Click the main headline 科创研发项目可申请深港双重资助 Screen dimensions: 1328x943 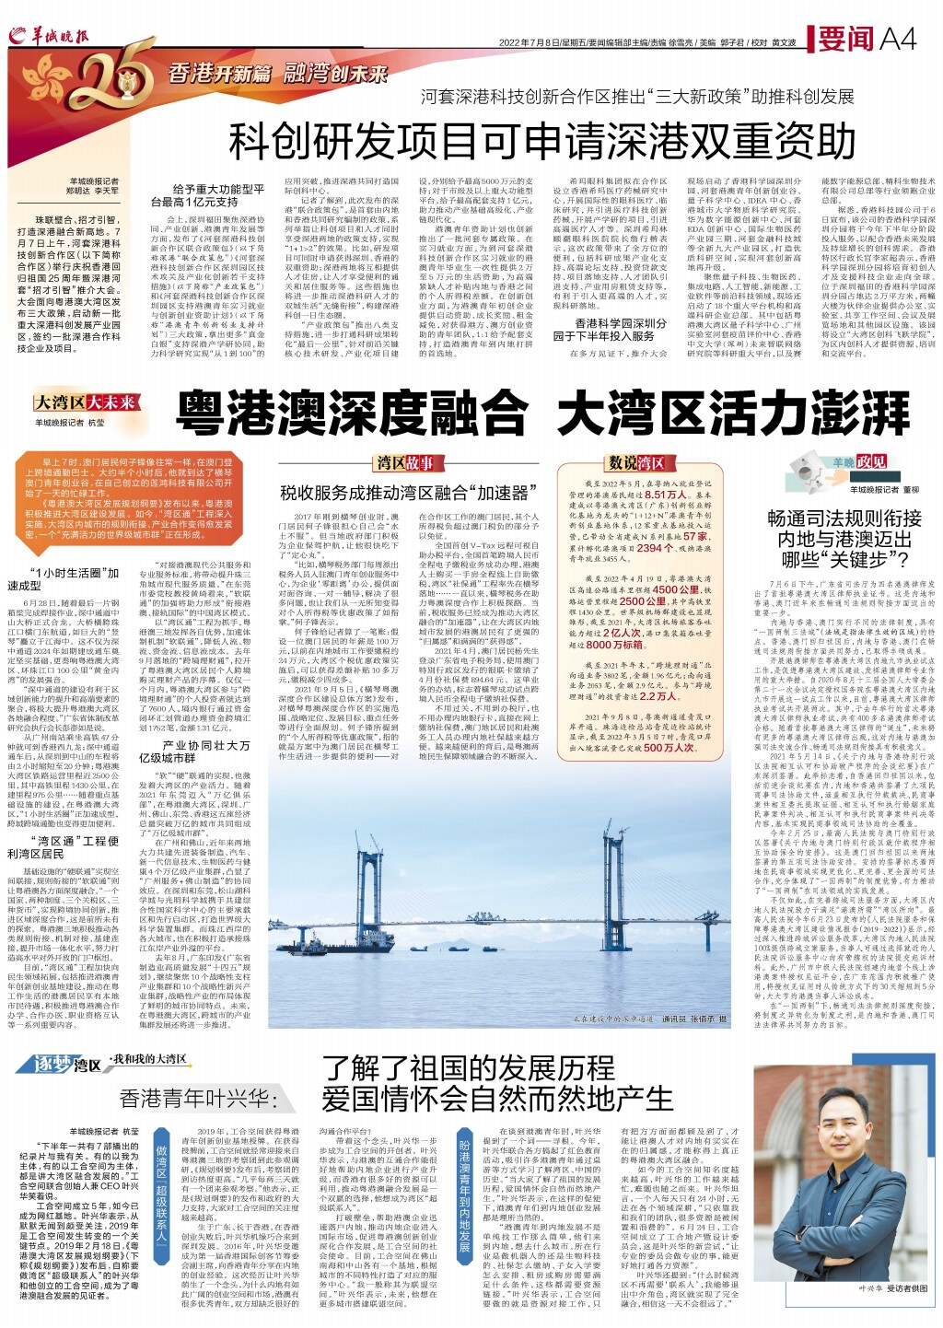click(x=542, y=139)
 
